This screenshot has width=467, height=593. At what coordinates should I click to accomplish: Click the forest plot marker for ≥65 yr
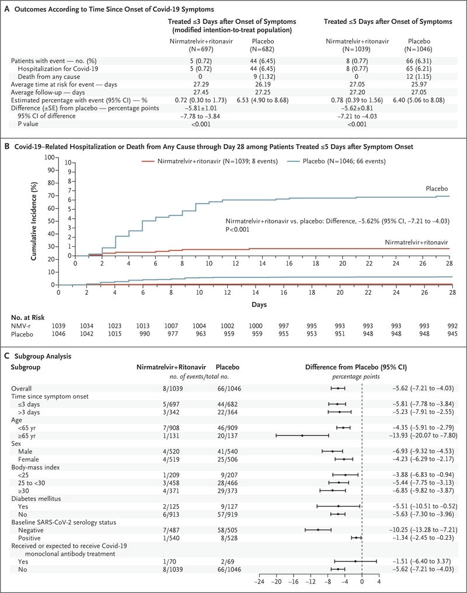(302, 435)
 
